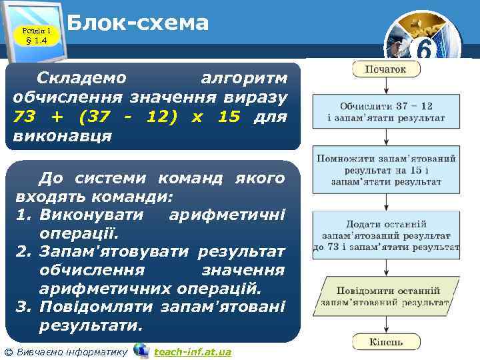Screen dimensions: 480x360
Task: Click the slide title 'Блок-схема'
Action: (138, 23)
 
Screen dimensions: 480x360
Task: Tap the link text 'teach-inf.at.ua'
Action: (192, 351)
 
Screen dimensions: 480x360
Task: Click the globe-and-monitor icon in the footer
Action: (141, 351)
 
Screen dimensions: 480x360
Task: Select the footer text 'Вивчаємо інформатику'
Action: (71, 351)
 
